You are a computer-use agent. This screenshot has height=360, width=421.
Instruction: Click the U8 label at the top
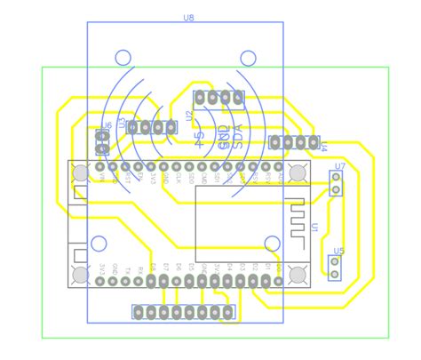(188, 17)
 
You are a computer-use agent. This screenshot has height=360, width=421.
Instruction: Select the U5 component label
(337, 251)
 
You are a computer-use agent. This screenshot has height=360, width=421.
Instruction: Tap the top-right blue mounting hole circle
(247, 58)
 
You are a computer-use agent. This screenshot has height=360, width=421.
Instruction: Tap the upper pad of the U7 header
(336, 178)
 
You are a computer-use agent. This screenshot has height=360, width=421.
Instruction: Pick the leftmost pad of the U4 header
(275, 142)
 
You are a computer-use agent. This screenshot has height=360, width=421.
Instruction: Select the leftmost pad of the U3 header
(133, 128)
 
